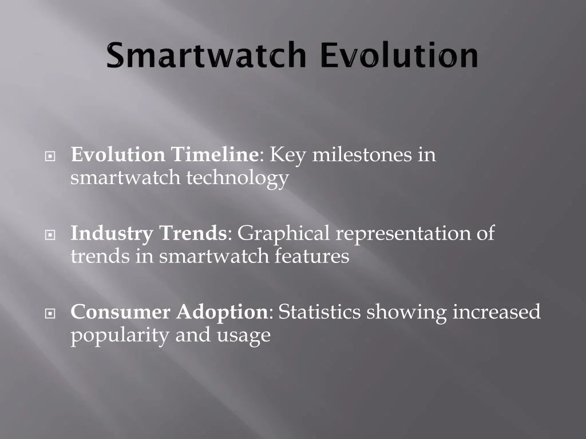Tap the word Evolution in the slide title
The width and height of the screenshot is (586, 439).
click(x=398, y=56)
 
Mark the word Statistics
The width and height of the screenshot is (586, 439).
click(x=319, y=313)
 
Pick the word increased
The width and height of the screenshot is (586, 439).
click(x=497, y=313)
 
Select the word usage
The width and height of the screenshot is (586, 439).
click(x=243, y=336)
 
